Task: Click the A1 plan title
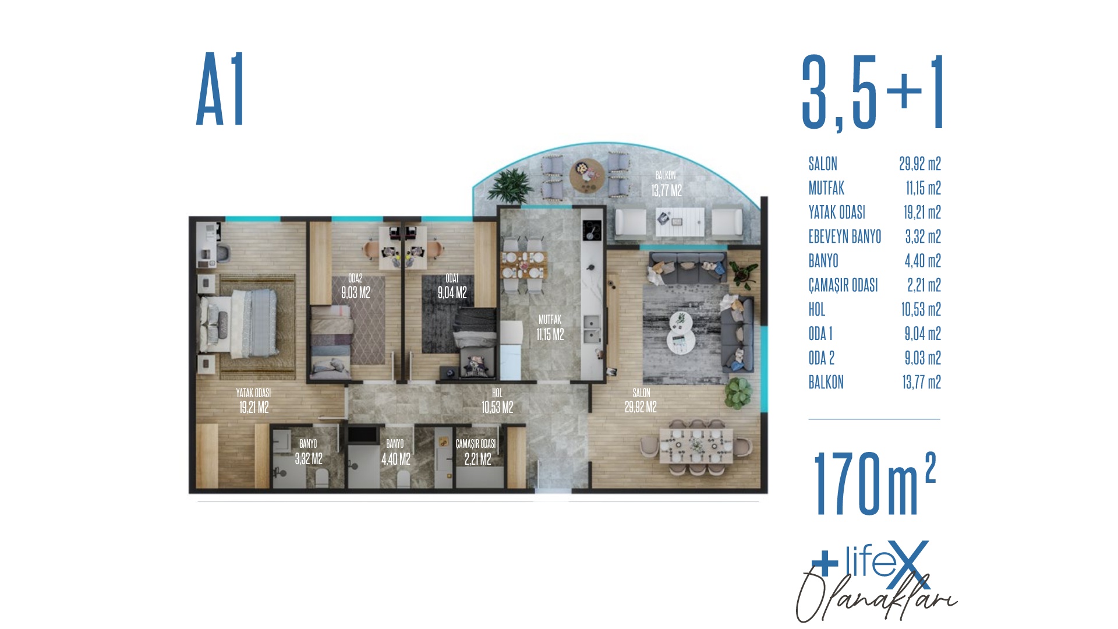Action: coord(221,89)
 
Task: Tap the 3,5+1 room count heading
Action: coord(872,93)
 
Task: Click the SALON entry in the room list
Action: coord(823,164)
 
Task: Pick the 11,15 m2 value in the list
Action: coord(923,188)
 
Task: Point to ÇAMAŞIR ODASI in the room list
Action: coord(843,285)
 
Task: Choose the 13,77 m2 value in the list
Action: coord(922,382)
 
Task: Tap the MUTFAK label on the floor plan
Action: coord(550,320)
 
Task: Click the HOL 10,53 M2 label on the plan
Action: coord(497,401)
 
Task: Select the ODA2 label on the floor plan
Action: coord(355,278)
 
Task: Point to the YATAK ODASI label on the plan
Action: coord(253,393)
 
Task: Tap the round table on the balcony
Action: coord(587,175)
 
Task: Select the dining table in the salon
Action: coord(696,446)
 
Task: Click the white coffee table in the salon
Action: coord(680,333)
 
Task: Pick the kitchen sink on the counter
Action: coord(592,328)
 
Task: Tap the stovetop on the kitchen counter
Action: coord(592,229)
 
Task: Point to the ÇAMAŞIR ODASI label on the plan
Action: coord(476,444)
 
